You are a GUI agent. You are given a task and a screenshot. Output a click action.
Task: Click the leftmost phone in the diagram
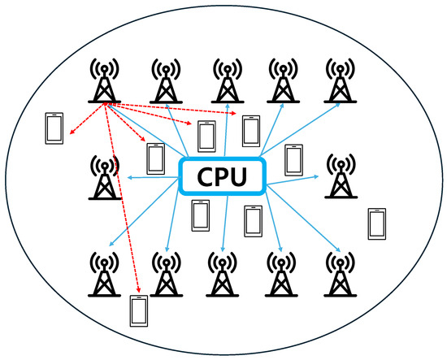pos(54,129)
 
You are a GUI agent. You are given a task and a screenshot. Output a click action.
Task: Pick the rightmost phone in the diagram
pos(376,223)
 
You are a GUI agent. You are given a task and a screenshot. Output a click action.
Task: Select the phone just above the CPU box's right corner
pos(293,159)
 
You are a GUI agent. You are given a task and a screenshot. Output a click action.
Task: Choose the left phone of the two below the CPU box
pos(200,215)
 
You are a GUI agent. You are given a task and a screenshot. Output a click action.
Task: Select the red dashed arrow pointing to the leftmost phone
pos(85,119)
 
